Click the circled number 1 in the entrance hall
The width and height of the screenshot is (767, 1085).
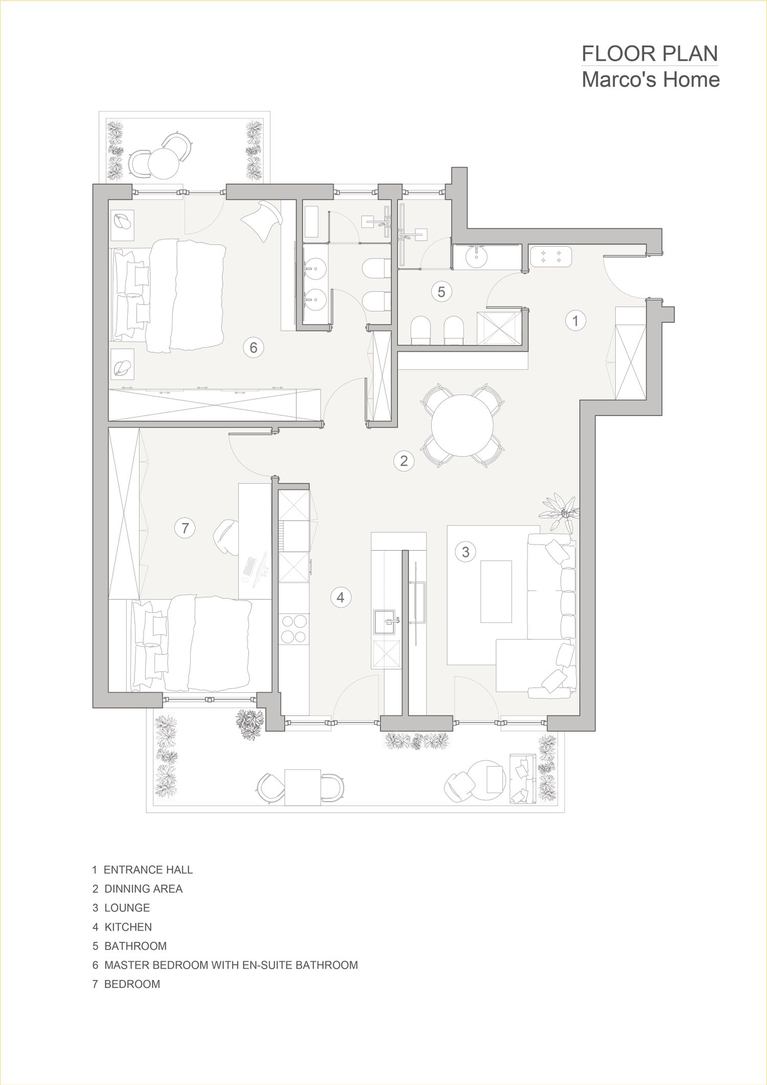pos(575,321)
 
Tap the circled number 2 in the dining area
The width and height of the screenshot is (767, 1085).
pos(403,461)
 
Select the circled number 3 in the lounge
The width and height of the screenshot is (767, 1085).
pos(465,552)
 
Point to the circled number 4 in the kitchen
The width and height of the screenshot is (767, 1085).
pos(341,597)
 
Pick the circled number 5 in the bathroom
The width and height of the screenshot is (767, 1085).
pos(441,291)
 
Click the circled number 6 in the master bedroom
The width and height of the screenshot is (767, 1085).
pos(253,348)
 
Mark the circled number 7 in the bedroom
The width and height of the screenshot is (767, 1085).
pos(185,528)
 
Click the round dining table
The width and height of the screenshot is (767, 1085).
pos(463,425)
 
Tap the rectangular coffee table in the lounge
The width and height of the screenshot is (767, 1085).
pos(495,591)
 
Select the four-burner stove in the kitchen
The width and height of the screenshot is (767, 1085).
pos(294,629)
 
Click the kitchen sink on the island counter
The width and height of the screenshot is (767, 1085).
pos(387,622)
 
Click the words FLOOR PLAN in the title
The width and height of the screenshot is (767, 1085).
pos(650,54)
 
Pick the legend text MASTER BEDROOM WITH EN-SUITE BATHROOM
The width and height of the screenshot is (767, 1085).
pos(231,965)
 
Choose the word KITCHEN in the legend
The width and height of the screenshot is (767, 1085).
pos(128,927)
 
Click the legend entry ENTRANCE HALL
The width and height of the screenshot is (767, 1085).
pos(148,869)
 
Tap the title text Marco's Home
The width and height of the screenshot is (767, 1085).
pos(651,80)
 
